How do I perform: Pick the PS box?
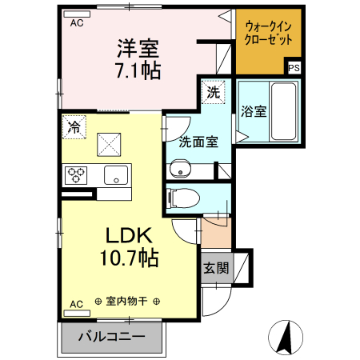coord(294,68)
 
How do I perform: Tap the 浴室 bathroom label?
coord(254,111)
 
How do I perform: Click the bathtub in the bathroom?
coord(284,111)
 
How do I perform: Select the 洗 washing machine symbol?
coord(212,92)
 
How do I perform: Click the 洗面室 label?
coord(198,143)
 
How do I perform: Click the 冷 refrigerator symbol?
coord(74,126)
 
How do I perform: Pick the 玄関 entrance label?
coord(215,267)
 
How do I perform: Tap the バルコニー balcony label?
coord(111,337)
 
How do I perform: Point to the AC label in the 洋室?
coord(76,23)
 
